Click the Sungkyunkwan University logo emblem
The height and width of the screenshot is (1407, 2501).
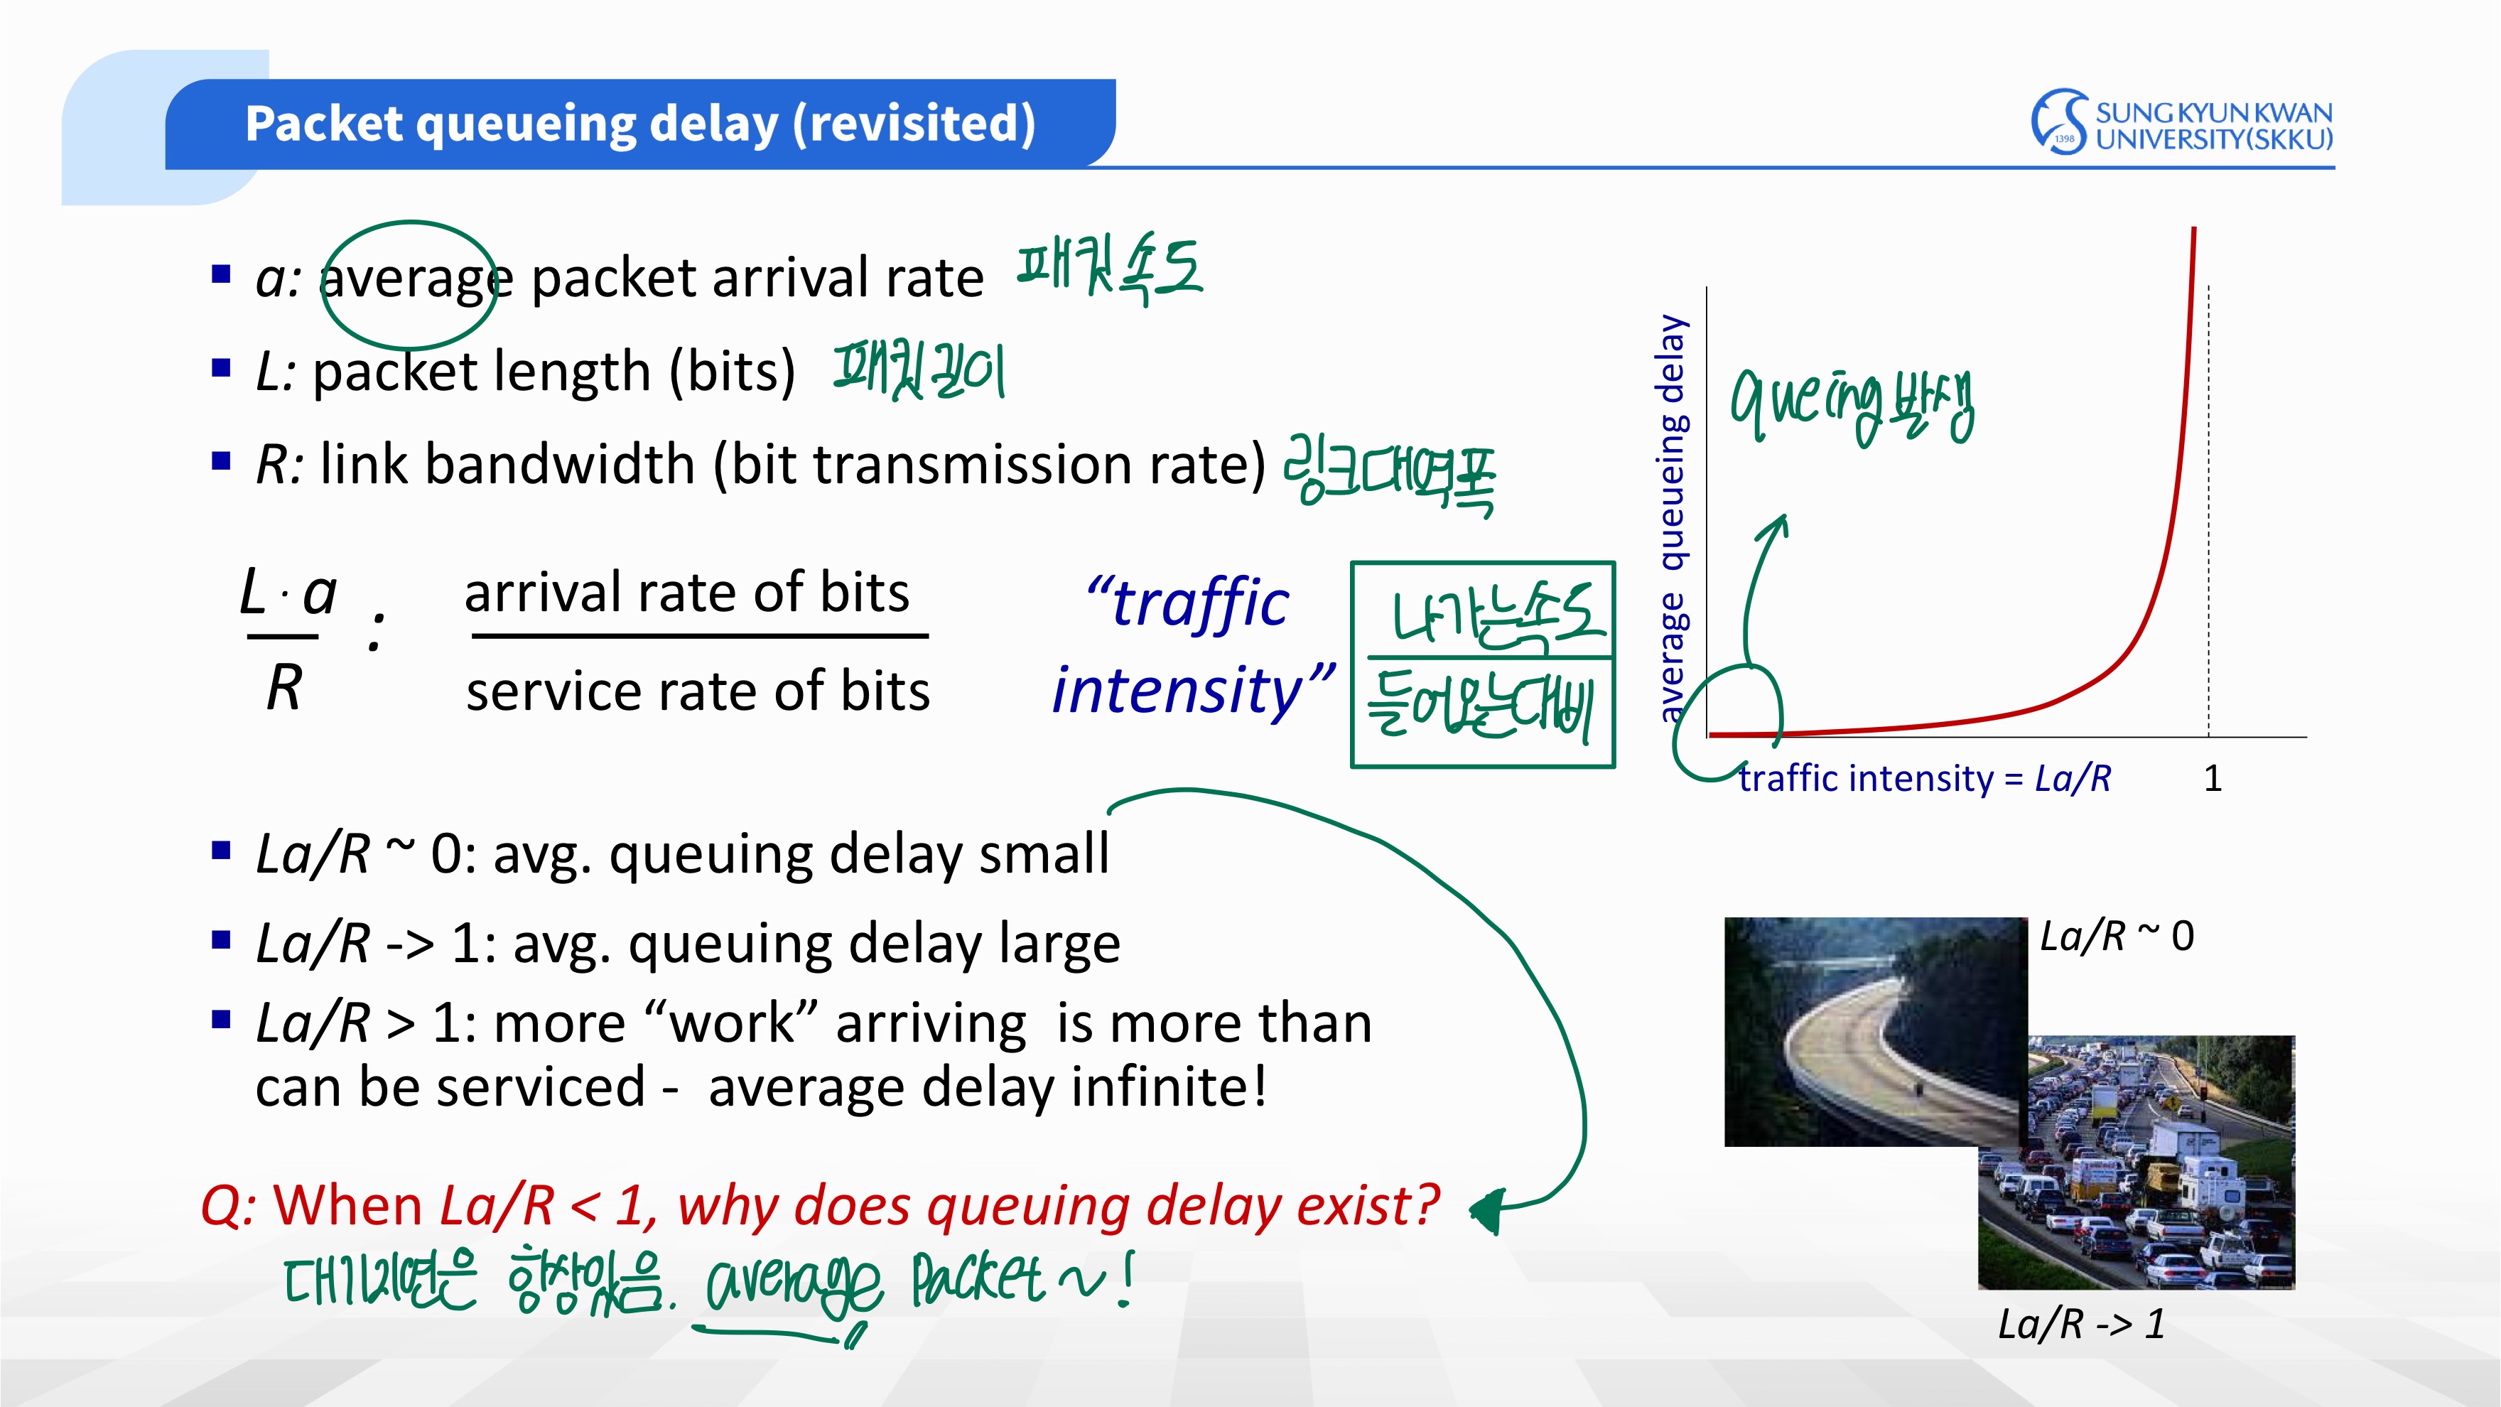point(2058,122)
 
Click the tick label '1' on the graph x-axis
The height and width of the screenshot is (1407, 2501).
point(2213,778)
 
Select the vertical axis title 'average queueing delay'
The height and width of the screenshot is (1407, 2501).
point(1671,519)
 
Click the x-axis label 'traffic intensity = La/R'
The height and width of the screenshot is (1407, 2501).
point(1924,779)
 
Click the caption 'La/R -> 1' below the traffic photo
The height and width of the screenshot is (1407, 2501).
point(2080,1323)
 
